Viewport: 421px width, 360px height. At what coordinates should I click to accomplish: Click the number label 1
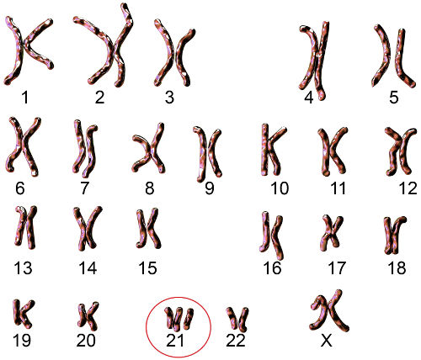(25, 98)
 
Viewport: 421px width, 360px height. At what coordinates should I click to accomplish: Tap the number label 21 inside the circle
(175, 340)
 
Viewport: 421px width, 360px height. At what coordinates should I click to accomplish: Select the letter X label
(327, 341)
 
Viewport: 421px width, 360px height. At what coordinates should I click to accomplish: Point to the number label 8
(149, 188)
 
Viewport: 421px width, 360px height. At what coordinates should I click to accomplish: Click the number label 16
(272, 267)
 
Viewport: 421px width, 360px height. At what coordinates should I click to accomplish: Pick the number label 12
(408, 188)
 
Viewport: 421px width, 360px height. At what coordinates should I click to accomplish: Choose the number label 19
(22, 340)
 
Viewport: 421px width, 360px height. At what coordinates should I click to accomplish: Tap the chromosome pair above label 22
(237, 318)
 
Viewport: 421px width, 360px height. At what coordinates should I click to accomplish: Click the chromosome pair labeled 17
(332, 231)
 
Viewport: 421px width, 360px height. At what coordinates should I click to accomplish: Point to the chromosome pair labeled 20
(88, 315)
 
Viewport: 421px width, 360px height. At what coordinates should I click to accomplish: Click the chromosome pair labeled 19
(23, 314)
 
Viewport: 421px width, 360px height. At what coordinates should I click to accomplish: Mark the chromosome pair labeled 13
(26, 227)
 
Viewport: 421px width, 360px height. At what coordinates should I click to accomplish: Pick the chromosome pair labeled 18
(395, 235)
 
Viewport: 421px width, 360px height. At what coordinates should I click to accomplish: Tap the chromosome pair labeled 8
(149, 149)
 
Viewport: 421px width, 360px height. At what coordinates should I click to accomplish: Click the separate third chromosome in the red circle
(189, 319)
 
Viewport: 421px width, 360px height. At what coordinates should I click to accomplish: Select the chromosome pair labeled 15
(148, 228)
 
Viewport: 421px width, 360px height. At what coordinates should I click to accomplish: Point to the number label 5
(393, 98)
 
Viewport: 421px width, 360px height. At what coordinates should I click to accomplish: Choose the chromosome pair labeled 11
(333, 151)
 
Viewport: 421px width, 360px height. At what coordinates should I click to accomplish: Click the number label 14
(88, 267)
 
